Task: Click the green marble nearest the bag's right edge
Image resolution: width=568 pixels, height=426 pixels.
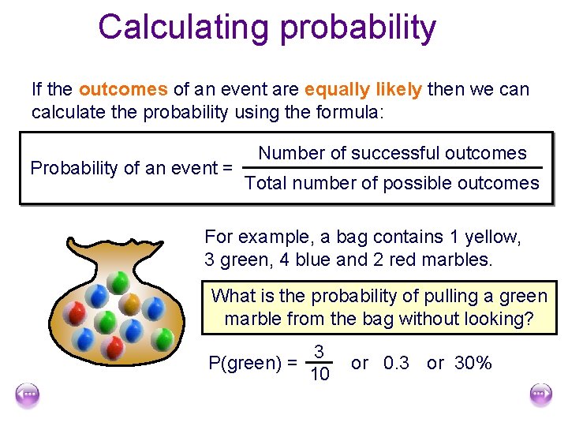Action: [x=163, y=339]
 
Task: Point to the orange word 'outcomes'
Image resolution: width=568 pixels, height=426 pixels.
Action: [x=123, y=89]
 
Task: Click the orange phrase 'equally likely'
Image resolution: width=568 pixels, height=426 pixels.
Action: [x=363, y=89]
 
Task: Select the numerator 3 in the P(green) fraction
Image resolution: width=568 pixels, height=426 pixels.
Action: [x=318, y=351]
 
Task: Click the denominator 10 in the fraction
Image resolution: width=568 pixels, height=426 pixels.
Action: [x=319, y=374]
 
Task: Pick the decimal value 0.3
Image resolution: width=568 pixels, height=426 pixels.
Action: [x=396, y=363]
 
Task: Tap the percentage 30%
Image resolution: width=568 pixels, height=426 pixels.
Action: [x=473, y=363]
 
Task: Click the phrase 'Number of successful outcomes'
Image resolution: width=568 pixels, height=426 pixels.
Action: [x=392, y=153]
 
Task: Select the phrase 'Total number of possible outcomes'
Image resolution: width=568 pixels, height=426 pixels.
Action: [x=392, y=184]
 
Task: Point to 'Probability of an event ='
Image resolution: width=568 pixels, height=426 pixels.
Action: [x=131, y=168]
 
